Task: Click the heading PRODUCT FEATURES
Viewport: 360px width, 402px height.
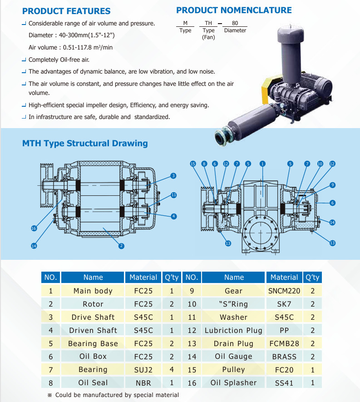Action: coord(66,11)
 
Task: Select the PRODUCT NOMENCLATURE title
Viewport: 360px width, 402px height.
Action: coord(234,10)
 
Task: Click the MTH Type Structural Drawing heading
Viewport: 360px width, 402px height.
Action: coord(85,144)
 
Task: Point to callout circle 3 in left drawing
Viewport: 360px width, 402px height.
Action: coord(173,176)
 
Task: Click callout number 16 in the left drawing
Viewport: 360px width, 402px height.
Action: coord(34,228)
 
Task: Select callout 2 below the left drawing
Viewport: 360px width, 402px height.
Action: coord(121,246)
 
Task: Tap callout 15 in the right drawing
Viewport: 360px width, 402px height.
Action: coord(193,164)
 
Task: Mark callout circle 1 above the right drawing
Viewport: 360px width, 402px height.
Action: coord(262,164)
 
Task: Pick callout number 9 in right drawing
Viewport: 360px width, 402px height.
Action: coord(332,185)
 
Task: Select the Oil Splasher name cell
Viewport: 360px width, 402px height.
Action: coord(233,383)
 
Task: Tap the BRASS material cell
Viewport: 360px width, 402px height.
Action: coord(284,357)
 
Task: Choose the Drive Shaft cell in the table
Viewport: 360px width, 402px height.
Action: coord(93,317)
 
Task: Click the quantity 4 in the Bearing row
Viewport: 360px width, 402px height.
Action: coord(172,370)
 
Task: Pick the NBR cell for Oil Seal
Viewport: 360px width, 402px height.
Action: coord(143,383)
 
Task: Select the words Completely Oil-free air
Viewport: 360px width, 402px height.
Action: coord(59,60)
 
